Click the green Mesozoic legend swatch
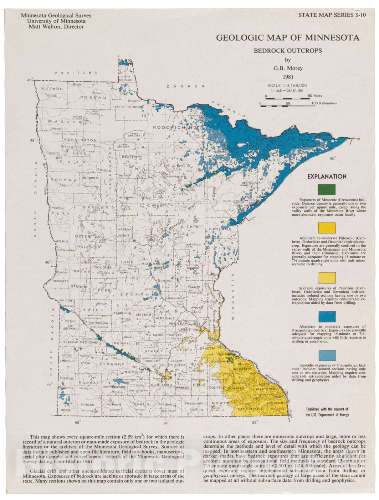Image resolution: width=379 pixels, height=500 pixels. pyautogui.click(x=327, y=190)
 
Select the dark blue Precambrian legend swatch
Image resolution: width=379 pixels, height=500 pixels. pyautogui.click(x=327, y=317)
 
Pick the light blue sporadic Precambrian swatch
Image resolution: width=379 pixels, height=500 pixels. pyautogui.click(x=327, y=355)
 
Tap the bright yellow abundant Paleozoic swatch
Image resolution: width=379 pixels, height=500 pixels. pyautogui.click(x=327, y=228)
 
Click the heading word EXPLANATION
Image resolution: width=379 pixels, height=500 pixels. pyautogui.click(x=327, y=177)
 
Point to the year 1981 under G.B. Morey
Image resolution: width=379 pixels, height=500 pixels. pyautogui.click(x=288, y=77)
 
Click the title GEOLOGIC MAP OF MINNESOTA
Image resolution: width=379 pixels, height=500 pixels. pyautogui.click(x=288, y=38)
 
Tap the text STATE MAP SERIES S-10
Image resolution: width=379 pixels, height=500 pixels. pyautogui.click(x=332, y=15)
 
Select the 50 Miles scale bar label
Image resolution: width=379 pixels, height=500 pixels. pyautogui.click(x=315, y=96)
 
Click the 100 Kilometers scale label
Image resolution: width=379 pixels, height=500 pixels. pyautogui.click(x=324, y=103)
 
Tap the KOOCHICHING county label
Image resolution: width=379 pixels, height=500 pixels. pyautogui.click(x=175, y=127)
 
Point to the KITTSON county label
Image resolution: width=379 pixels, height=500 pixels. pyautogui.click(x=52, y=89)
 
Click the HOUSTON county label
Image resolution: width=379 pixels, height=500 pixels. pyautogui.click(x=276, y=403)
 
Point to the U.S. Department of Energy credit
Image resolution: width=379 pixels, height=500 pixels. pyautogui.click(x=327, y=415)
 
